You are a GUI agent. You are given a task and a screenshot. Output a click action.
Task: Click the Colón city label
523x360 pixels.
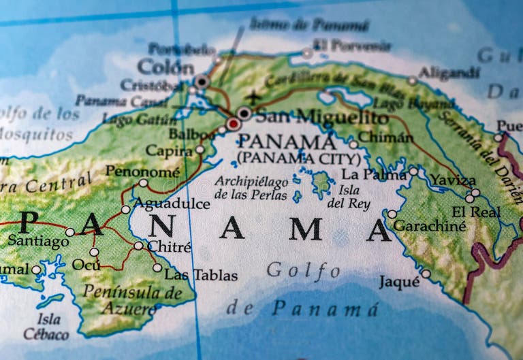pos(165,67)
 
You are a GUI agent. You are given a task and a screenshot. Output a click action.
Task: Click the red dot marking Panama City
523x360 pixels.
pos(234,124)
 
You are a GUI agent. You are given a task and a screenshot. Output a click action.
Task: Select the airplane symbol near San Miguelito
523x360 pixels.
pos(253,97)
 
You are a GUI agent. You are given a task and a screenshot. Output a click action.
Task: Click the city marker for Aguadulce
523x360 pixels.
pos(126,210)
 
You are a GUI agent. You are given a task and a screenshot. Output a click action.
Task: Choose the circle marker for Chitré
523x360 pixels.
pos(138,246)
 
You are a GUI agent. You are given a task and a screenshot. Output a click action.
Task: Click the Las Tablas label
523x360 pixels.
pos(202,275)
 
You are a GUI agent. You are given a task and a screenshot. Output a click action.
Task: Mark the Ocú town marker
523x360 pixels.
pos(94,252)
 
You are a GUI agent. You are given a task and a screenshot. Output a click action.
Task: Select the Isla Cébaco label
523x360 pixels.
pos(46,327)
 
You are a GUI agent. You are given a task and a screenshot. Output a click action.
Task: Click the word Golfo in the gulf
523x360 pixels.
pos(304,270)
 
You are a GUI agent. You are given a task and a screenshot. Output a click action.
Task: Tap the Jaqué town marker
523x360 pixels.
pos(426,274)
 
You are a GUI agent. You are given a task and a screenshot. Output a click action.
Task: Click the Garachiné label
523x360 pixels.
pos(430,226)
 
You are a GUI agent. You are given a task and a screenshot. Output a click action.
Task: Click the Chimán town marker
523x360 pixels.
pos(353,144)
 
